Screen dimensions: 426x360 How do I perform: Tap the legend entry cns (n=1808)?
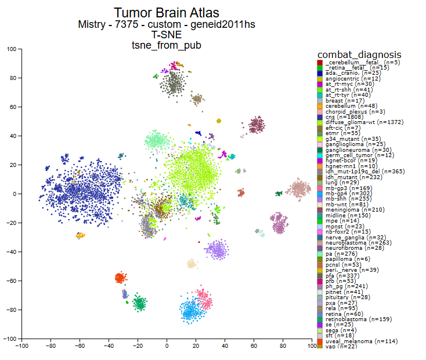(x=341, y=117)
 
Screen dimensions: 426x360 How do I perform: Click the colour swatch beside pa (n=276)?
(x=320, y=254)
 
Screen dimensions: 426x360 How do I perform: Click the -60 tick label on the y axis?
(x=11, y=281)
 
